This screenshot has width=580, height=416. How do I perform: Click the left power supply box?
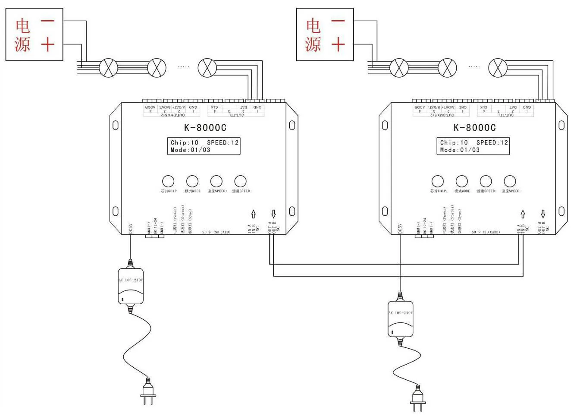point(34,35)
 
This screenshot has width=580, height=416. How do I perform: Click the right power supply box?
point(325,35)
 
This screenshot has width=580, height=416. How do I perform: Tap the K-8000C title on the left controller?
point(205,128)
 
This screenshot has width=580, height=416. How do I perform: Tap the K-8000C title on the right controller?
point(474,128)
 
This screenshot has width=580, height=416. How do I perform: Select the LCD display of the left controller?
point(204,146)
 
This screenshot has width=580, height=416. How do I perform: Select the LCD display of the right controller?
point(473,146)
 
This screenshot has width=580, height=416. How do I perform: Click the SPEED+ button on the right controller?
point(486,181)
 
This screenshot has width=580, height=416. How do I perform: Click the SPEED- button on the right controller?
point(510,181)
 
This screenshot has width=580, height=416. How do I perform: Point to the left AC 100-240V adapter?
point(130,286)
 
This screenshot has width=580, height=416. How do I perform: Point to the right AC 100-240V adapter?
point(400,318)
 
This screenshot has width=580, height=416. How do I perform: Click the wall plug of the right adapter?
point(417,397)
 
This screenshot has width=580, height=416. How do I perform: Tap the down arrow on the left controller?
point(273,214)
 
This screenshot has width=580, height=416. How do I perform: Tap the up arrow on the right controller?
point(523,214)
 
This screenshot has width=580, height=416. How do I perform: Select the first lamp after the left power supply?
point(108,68)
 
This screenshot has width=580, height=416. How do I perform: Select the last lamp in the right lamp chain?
point(498,68)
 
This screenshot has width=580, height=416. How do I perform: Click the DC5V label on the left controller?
point(130,229)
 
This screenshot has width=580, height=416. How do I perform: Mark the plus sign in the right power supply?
point(339,44)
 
